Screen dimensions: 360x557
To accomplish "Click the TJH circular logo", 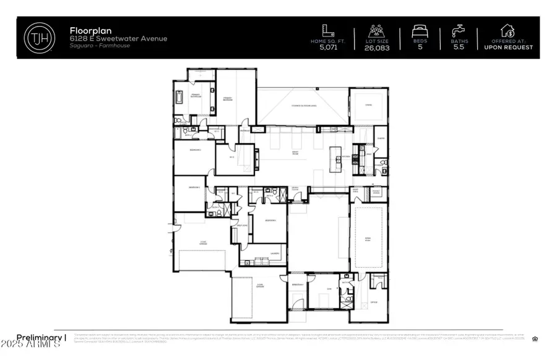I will point(37,38).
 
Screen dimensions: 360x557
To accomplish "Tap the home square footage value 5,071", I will point(328,47).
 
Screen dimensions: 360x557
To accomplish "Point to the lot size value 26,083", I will point(377,47).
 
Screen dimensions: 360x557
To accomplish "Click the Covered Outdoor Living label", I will point(304,106).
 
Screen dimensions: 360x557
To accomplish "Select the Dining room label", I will point(369,105).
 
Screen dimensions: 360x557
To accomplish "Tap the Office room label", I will point(374,302).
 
